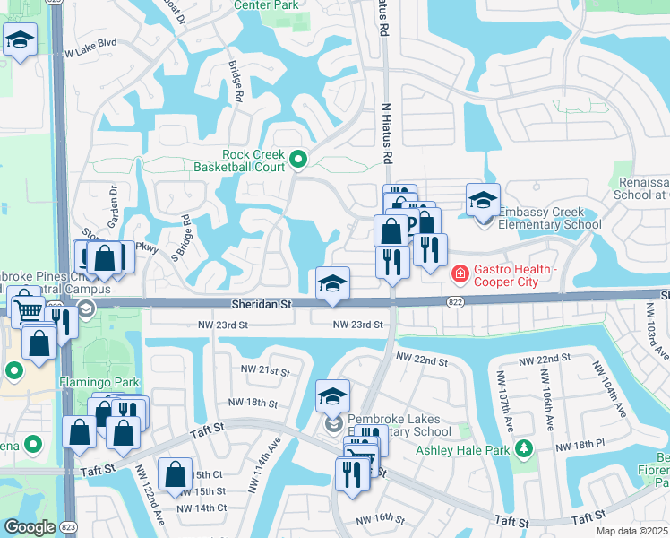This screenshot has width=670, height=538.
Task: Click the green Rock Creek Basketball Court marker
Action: [x=299, y=161]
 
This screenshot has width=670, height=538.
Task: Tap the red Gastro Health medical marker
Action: [x=460, y=272]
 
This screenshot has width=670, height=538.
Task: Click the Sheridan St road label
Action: [x=261, y=305]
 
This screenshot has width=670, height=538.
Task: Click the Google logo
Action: [x=30, y=526]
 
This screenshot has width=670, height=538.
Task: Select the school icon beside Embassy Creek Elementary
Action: [x=483, y=201]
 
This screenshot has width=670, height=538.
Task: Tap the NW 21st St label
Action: [x=265, y=370]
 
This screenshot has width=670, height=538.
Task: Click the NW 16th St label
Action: [x=381, y=519]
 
